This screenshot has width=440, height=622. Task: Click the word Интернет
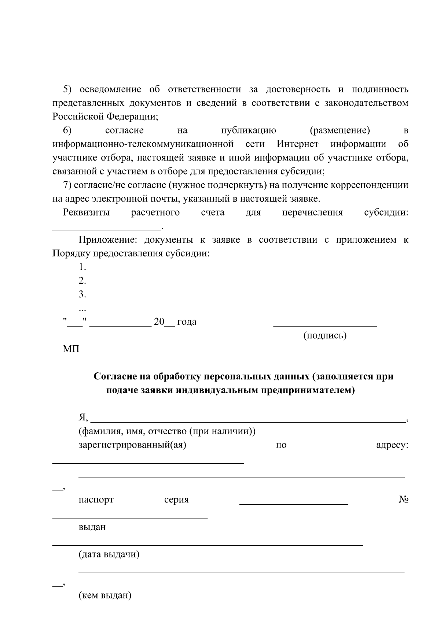click(x=297, y=144)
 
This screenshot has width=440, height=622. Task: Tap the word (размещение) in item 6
click(x=340, y=130)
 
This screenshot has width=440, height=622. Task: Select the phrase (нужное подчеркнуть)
click(x=217, y=185)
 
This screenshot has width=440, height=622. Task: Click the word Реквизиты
click(x=86, y=213)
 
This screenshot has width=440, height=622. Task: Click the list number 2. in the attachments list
click(x=82, y=281)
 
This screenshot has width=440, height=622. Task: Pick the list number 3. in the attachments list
click(x=82, y=294)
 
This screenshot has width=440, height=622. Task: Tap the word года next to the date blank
click(x=187, y=322)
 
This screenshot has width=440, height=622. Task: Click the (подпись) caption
click(x=324, y=335)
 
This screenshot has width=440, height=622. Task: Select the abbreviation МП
click(x=71, y=349)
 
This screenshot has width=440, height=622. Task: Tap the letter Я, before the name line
click(x=83, y=417)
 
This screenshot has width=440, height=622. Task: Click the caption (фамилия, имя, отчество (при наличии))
click(x=167, y=431)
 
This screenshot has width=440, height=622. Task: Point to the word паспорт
click(x=96, y=500)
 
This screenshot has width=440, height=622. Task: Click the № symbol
click(x=403, y=500)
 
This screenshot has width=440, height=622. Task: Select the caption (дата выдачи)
click(x=109, y=554)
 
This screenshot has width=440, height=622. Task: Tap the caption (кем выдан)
click(x=105, y=595)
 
